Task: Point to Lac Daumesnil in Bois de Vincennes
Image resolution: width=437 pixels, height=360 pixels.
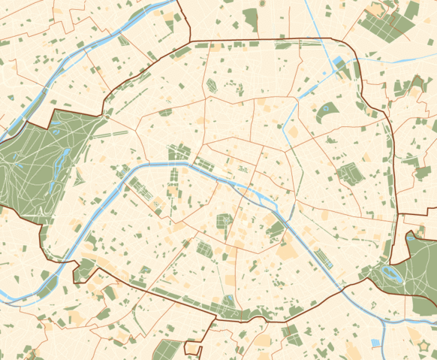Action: pos(393,274)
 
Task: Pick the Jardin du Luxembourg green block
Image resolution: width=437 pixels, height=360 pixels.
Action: pos(223,222)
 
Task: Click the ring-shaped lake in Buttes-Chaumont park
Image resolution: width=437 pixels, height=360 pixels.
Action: pos(327,113)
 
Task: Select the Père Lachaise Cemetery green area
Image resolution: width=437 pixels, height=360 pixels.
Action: pos(350,174)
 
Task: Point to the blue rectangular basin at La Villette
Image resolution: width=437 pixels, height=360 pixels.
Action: pos(337,61)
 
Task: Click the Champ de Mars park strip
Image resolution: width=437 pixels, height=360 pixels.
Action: pos(140,188)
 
